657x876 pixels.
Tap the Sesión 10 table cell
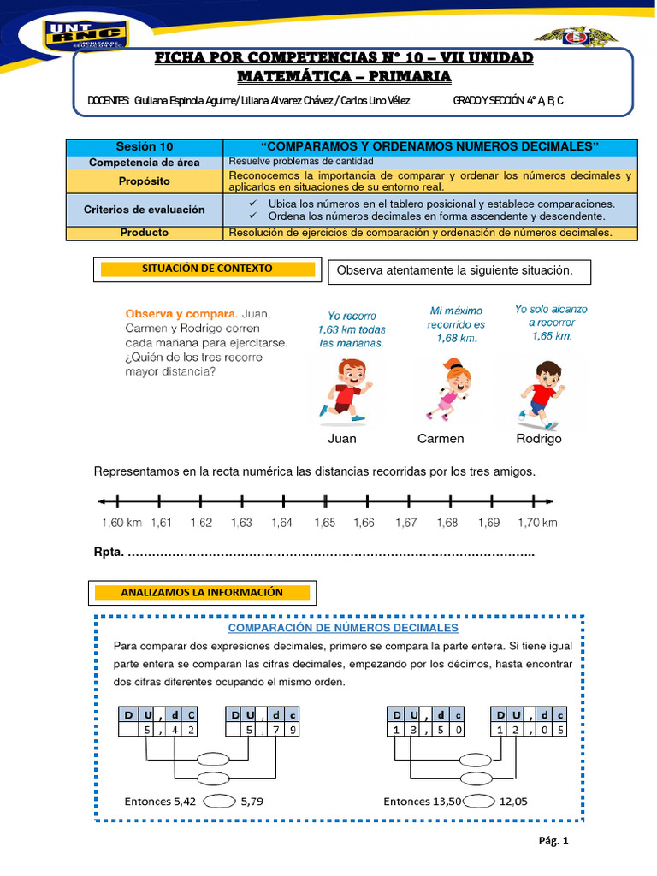[144, 147]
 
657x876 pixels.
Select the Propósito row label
[144, 181]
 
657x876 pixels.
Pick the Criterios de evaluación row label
[144, 210]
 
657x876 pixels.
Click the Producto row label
[144, 233]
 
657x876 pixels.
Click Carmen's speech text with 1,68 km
[457, 324]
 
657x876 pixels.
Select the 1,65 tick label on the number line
[325, 523]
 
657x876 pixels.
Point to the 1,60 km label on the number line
[121, 523]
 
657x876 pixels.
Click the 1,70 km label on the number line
[537, 523]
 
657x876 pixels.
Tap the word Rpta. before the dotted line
[108, 553]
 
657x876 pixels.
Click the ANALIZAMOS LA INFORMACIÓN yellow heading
[202, 592]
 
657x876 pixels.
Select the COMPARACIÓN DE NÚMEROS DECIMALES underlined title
[337, 628]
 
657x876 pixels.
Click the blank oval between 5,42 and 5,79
[221, 802]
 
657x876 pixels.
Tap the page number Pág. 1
[553, 841]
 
